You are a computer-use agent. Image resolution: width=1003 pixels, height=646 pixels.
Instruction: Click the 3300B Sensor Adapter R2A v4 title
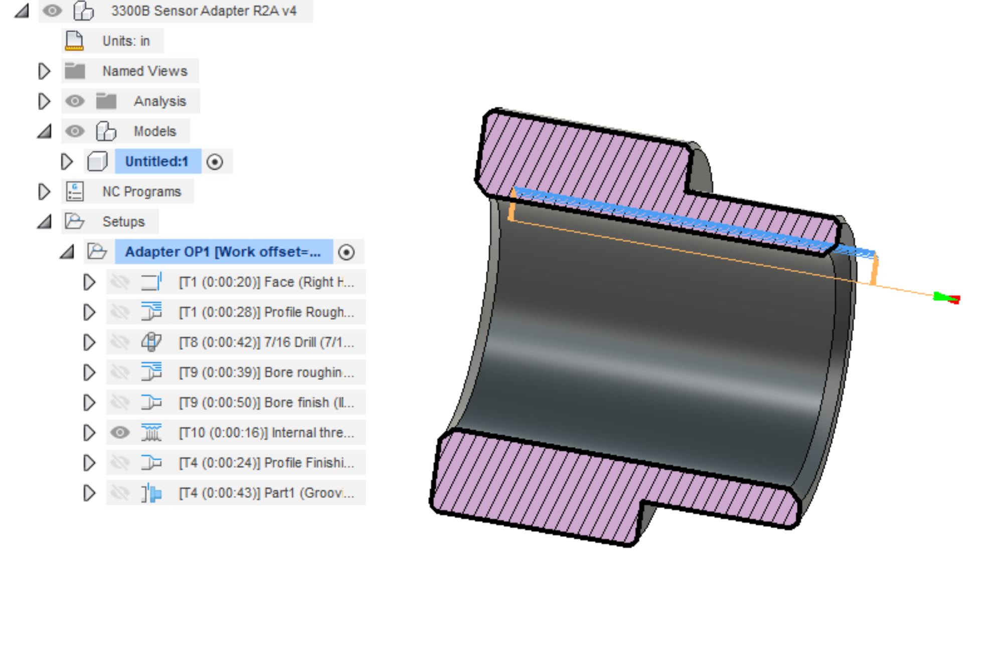(x=203, y=11)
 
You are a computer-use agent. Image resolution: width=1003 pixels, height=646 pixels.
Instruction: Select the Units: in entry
(x=126, y=41)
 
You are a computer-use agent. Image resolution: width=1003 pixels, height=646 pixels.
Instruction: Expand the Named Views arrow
(x=44, y=71)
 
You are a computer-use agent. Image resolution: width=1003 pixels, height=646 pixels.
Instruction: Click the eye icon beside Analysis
(x=75, y=101)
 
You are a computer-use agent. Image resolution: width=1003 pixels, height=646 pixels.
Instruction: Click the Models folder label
(x=154, y=131)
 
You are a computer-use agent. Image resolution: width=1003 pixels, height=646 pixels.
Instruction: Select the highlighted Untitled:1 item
(x=156, y=161)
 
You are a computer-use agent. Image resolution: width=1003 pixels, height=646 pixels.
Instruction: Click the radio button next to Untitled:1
(x=215, y=162)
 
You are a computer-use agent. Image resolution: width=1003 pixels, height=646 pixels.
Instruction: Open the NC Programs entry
(x=141, y=191)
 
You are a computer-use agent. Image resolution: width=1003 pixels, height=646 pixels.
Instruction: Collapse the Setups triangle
(x=45, y=221)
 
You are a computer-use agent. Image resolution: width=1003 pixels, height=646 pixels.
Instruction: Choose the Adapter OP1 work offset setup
(x=223, y=251)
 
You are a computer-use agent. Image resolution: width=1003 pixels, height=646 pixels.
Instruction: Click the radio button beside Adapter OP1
(x=346, y=252)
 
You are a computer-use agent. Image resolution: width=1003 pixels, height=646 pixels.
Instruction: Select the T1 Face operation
(x=266, y=282)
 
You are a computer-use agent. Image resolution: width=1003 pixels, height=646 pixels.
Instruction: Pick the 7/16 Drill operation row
(x=266, y=342)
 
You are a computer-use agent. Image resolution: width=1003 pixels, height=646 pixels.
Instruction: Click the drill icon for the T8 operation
(x=151, y=342)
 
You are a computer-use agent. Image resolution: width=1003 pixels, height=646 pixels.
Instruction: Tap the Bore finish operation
(x=266, y=402)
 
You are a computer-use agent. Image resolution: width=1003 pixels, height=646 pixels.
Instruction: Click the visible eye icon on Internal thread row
(x=120, y=432)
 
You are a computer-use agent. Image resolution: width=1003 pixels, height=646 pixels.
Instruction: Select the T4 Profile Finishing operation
(x=266, y=462)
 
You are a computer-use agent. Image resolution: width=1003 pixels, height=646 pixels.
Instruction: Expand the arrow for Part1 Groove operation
(x=89, y=492)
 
